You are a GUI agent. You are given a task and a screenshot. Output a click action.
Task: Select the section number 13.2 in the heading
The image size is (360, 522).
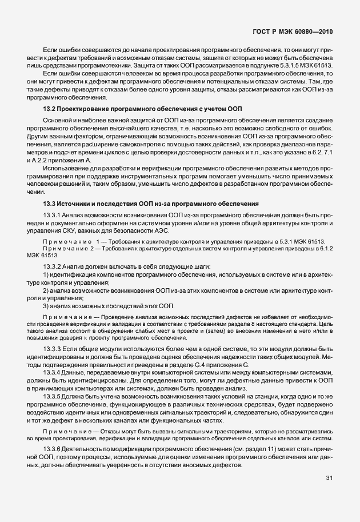tap(50, 108)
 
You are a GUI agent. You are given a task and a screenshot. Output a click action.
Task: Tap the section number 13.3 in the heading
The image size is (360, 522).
tap(50, 204)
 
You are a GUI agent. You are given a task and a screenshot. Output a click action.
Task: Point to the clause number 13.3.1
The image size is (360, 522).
tap(53, 214)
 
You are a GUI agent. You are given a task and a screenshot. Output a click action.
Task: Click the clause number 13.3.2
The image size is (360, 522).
tap(53, 267)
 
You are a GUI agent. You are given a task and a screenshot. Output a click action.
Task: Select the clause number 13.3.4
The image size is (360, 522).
tap(53, 372)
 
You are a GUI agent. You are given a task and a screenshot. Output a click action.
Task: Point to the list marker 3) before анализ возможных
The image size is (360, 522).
tap(46, 305)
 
